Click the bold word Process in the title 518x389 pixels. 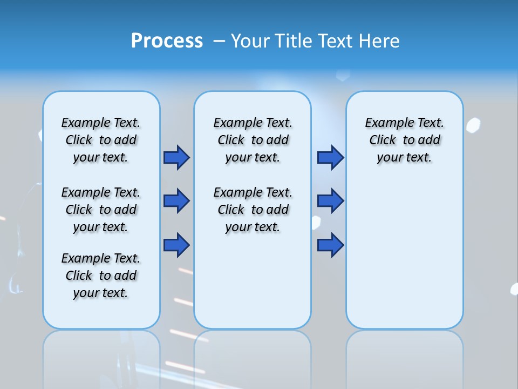[167, 41]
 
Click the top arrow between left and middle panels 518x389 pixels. [176, 158]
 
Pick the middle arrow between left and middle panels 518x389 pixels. [176, 201]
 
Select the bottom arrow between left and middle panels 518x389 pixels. [176, 245]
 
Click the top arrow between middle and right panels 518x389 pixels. [330, 158]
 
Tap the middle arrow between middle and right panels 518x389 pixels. [330, 201]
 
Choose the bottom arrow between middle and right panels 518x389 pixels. [330, 245]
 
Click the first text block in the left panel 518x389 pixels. [101, 140]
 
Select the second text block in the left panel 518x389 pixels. [101, 210]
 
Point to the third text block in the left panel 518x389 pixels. [101, 276]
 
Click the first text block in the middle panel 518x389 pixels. [253, 140]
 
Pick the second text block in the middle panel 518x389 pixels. [253, 210]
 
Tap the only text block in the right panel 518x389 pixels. [405, 140]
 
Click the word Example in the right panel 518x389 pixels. [385, 123]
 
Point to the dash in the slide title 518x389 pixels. [219, 41]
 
